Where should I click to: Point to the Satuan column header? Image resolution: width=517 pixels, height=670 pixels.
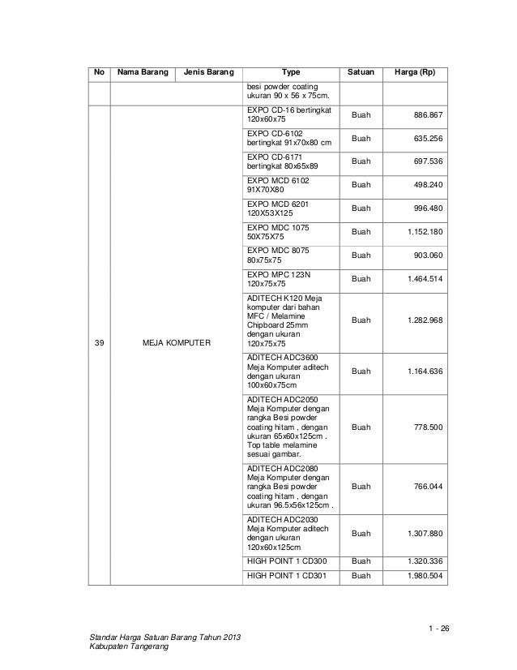pyautogui.click(x=361, y=74)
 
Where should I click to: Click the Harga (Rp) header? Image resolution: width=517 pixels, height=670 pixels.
pyautogui.click(x=415, y=74)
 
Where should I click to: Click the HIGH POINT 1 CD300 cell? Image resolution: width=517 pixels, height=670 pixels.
pyautogui.click(x=287, y=560)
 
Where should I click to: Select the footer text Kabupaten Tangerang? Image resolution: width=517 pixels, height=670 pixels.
pyautogui.click(x=126, y=655)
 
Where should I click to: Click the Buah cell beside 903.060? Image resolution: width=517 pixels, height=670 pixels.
pyautogui.click(x=361, y=256)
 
